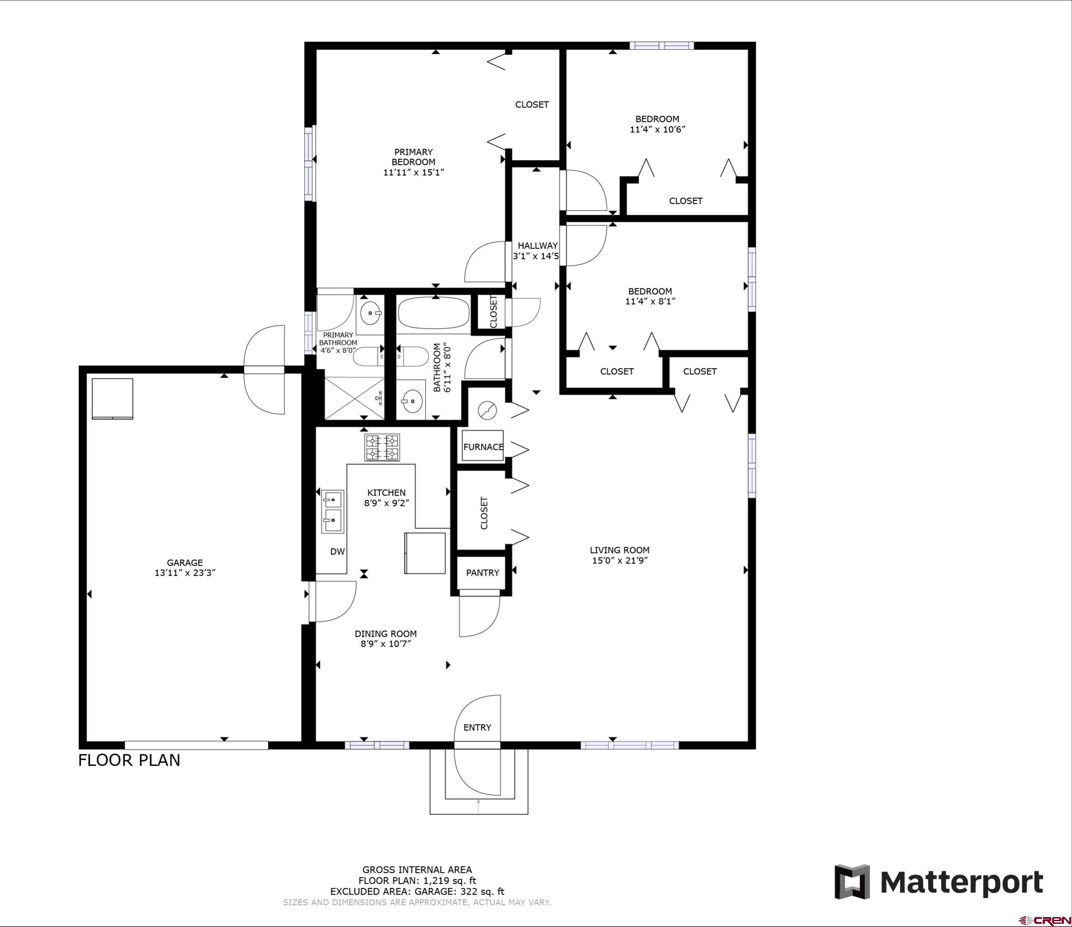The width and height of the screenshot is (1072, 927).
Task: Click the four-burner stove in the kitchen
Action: pyautogui.click(x=382, y=447)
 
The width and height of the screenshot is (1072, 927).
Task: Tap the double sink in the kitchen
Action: pyautogui.click(x=333, y=511)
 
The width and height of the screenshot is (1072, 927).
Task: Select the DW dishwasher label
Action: pyautogui.click(x=337, y=552)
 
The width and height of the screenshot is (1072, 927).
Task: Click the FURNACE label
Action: pyautogui.click(x=483, y=447)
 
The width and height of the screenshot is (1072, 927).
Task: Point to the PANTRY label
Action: pyautogui.click(x=482, y=572)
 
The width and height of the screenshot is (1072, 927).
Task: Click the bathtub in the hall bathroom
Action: pyautogui.click(x=434, y=312)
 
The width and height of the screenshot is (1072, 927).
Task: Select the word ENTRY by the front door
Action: pyautogui.click(x=477, y=727)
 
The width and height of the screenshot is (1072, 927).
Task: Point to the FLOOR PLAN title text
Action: pyautogui.click(x=129, y=760)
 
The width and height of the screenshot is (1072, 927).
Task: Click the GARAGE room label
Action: pyautogui.click(x=185, y=563)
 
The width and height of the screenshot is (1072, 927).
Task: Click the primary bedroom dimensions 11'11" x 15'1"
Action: pyautogui.click(x=414, y=172)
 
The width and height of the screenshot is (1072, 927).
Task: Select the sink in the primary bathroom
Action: pyautogui.click(x=371, y=313)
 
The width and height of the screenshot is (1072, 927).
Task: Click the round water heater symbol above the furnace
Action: pyautogui.click(x=487, y=411)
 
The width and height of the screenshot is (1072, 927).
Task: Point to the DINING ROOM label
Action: pyautogui.click(x=386, y=634)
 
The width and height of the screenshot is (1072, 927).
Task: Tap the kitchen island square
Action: pyautogui.click(x=425, y=553)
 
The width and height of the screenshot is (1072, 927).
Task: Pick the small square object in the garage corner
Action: pyautogui.click(x=112, y=398)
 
